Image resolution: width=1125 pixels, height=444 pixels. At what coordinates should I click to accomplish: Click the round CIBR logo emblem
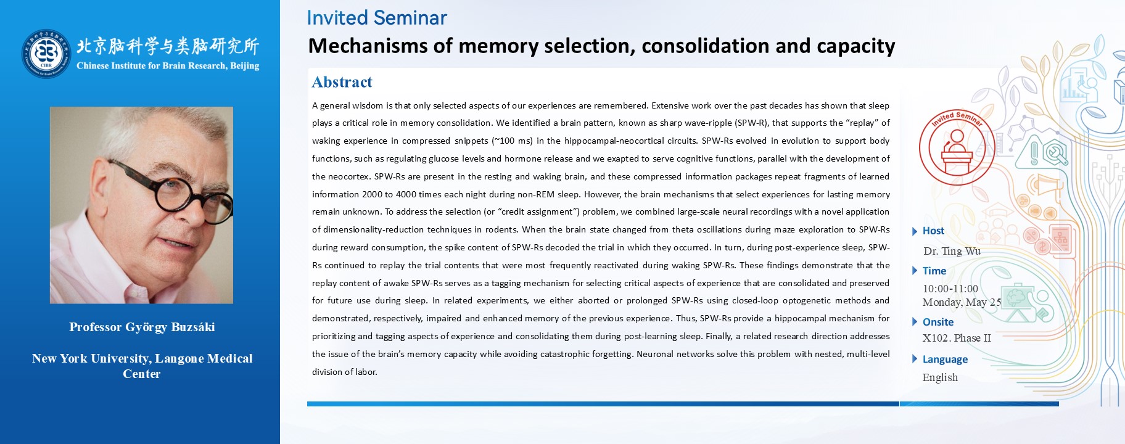[x=47, y=54]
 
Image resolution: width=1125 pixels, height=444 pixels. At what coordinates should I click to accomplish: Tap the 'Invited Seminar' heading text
[x=377, y=18]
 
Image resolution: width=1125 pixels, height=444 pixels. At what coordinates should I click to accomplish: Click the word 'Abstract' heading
[x=342, y=82]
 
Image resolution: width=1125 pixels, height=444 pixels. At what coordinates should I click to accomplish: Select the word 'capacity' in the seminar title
[x=856, y=46]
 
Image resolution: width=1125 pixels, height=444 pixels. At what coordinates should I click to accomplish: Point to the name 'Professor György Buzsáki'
[x=142, y=327]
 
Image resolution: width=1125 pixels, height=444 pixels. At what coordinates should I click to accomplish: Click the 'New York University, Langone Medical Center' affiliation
[x=142, y=366]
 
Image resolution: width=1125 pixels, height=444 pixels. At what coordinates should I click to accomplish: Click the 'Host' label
[x=933, y=231]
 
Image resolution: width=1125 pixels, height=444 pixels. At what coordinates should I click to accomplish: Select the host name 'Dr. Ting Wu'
[x=952, y=251]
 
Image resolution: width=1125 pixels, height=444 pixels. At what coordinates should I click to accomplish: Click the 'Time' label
[x=934, y=271]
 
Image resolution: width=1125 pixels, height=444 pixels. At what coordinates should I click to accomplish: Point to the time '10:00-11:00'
[x=950, y=289]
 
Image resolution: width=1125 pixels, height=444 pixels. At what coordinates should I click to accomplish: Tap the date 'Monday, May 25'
[x=962, y=302]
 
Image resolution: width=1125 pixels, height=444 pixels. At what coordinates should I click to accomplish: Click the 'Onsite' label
[x=938, y=322]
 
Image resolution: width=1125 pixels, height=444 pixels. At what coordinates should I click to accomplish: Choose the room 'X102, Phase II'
[x=957, y=338]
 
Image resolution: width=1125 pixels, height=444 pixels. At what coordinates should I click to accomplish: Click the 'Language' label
[x=945, y=360]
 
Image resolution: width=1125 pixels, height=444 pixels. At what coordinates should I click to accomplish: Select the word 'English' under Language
[x=940, y=377]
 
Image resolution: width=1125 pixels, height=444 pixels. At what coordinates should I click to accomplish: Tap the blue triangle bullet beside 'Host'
[x=915, y=231]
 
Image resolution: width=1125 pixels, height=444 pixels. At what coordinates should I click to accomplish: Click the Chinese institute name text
[x=168, y=46]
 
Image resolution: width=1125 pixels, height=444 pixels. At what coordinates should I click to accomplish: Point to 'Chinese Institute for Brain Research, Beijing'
[x=168, y=66]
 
